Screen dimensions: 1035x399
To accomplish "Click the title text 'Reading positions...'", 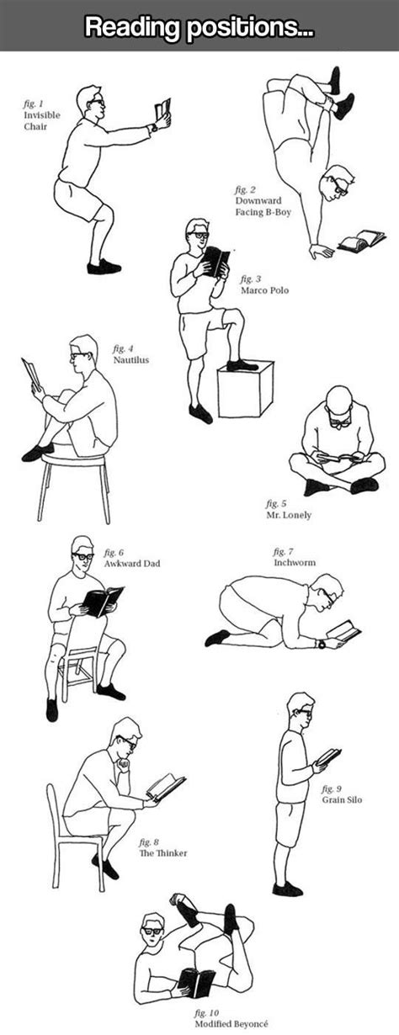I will (x=199, y=28).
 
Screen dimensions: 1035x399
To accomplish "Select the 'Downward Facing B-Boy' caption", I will (x=263, y=201).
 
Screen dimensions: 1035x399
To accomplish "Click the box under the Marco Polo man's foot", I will (x=245, y=390).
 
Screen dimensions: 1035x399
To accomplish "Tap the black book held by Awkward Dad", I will (x=103, y=601).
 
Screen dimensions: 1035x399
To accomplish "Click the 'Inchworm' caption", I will (x=293, y=557).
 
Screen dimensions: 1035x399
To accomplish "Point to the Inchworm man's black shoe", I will (x=216, y=637).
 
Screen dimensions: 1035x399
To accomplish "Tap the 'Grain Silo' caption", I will (x=342, y=794).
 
